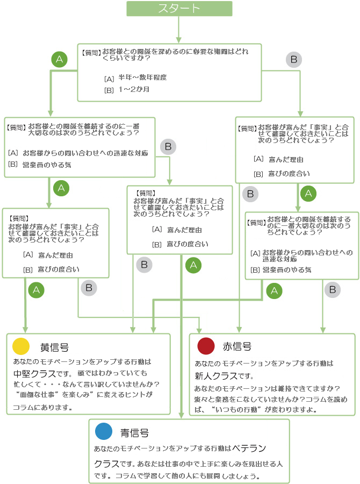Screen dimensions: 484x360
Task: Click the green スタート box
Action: tap(179, 9)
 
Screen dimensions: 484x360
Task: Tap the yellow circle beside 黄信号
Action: tap(20, 346)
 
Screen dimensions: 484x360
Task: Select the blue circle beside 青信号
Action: tap(103, 432)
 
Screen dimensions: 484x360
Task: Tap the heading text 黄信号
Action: tap(54, 347)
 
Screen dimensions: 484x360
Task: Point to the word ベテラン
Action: tap(249, 447)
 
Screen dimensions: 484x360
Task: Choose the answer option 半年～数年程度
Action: tap(142, 77)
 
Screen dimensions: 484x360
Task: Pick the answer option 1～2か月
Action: tap(134, 89)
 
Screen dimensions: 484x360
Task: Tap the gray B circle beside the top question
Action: tap(293, 59)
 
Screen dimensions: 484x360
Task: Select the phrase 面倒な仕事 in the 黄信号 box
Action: tap(38, 395)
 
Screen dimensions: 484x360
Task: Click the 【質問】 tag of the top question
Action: tap(91, 53)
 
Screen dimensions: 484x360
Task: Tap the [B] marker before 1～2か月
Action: tap(109, 90)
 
